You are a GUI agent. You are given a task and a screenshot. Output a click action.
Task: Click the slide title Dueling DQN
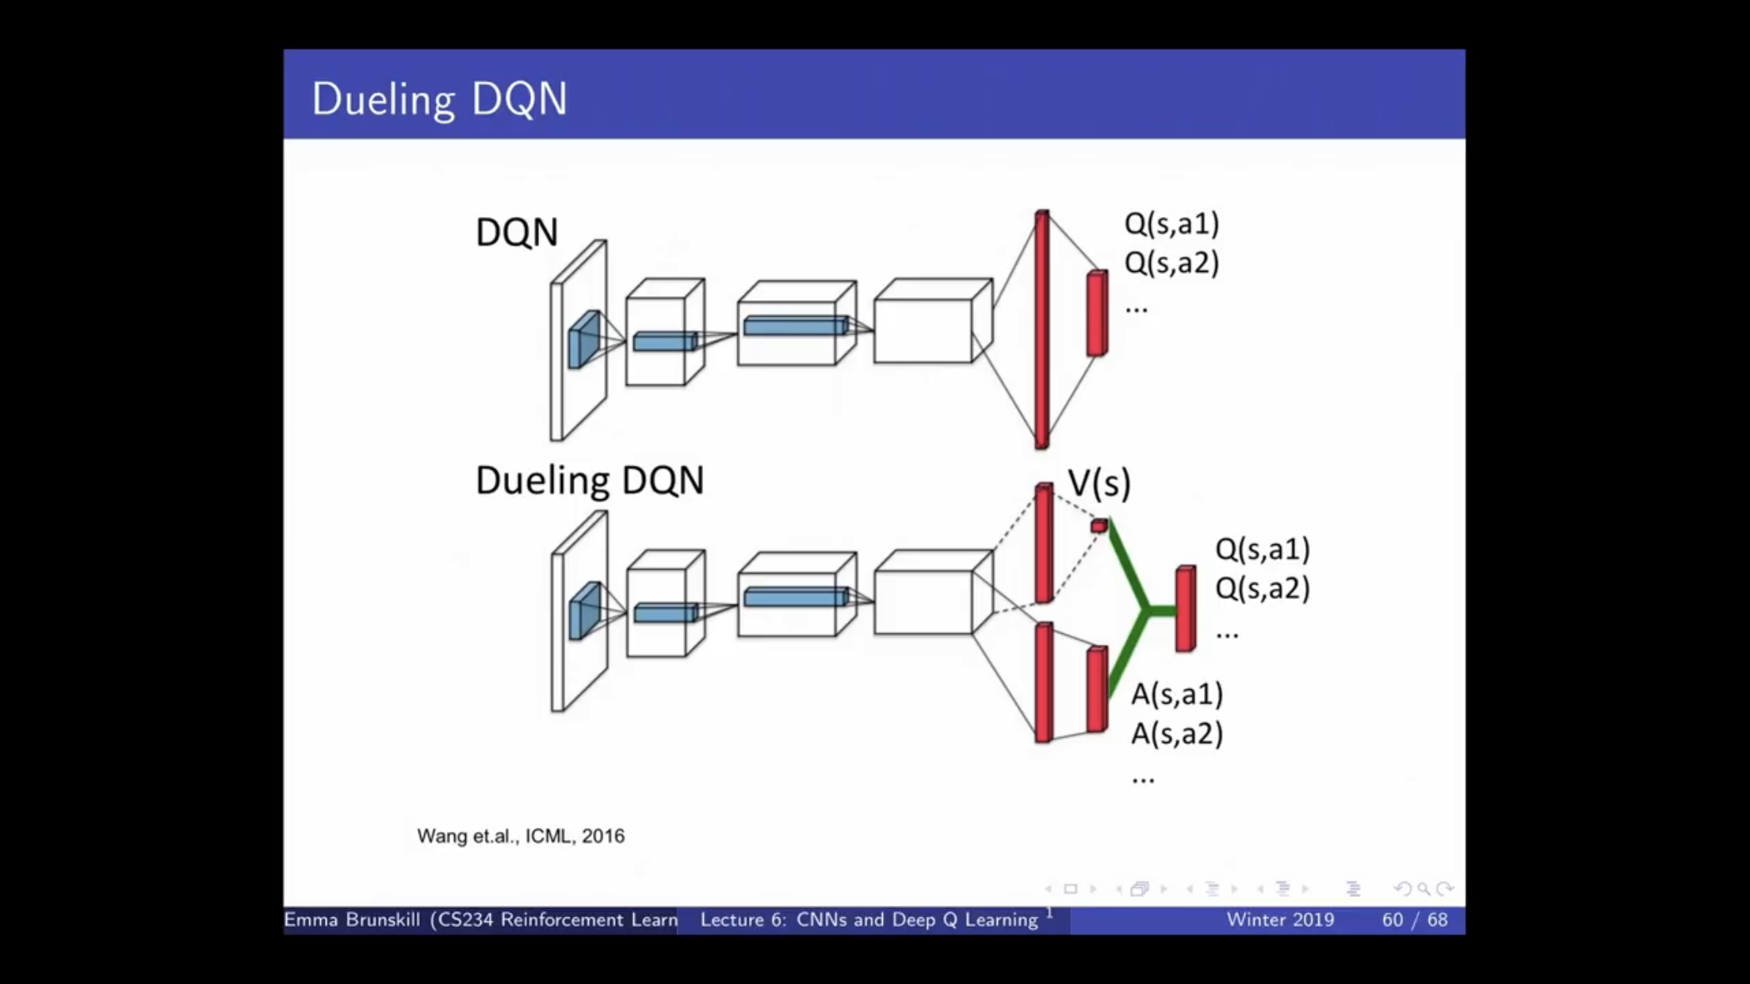(439, 100)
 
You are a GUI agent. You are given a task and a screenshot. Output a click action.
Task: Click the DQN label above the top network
(517, 232)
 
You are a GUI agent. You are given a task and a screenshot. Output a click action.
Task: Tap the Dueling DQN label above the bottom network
(590, 480)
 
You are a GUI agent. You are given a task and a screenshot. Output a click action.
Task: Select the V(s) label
(1099, 482)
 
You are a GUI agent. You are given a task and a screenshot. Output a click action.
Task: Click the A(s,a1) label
(1177, 694)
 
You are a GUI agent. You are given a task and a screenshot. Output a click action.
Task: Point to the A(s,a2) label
(1177, 734)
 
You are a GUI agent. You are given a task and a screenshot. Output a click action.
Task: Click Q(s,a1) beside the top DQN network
(1171, 223)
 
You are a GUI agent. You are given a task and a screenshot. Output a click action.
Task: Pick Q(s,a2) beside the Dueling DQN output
(1263, 588)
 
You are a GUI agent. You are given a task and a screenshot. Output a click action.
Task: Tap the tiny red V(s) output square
(1099, 525)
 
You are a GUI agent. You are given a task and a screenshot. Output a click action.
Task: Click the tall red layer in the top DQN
(1042, 330)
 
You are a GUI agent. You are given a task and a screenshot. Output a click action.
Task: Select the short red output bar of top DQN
(1098, 313)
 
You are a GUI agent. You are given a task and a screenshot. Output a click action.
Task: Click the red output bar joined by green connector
(1186, 608)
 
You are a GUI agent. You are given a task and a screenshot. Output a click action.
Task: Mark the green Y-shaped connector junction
(1145, 610)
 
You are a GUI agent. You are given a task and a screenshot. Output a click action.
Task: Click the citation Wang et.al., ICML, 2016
(521, 836)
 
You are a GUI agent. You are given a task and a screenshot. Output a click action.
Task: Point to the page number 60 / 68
(1415, 920)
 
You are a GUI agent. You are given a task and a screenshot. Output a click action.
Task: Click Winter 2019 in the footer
(1280, 920)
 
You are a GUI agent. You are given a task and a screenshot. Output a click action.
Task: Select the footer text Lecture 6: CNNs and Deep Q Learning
(869, 920)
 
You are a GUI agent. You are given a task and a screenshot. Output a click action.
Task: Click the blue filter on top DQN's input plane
(584, 339)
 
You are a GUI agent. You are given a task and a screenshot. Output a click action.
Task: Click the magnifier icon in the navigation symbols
(1424, 889)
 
